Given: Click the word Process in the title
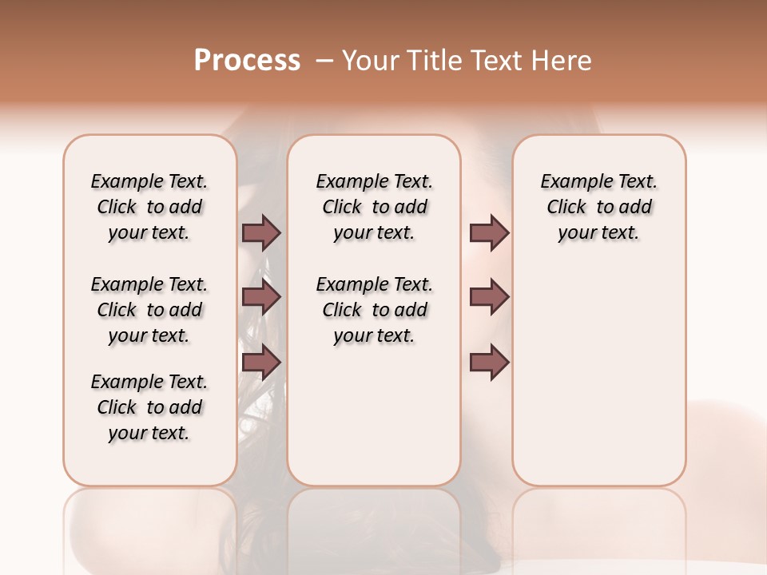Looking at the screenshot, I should [x=247, y=61].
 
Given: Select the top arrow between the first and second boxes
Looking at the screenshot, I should [x=261, y=232].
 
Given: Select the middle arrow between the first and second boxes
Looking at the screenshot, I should [x=261, y=298].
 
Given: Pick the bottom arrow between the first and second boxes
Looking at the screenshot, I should [x=261, y=363].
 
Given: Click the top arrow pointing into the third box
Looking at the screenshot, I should [x=489, y=232].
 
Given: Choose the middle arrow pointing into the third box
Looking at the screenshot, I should [x=489, y=298].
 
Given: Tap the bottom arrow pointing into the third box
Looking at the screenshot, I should [x=489, y=363].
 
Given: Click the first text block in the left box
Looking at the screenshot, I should [x=149, y=207].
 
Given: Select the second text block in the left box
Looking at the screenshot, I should [x=149, y=310].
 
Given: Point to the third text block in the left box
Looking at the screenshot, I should [x=149, y=407].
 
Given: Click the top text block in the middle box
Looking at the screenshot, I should [x=374, y=207].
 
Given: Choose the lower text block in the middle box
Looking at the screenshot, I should [x=374, y=310].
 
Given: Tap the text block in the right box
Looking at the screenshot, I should [x=598, y=207].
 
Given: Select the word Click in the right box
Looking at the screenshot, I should [x=566, y=208].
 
